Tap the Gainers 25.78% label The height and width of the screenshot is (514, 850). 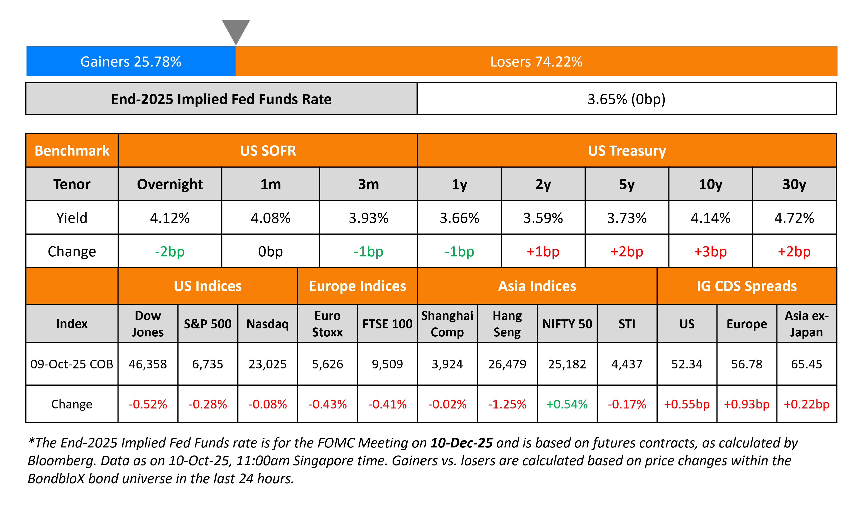coord(131,62)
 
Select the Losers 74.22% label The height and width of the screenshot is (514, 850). coord(536,62)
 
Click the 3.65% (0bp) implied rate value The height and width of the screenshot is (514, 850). coord(626,99)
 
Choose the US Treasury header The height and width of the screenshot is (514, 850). coord(626,151)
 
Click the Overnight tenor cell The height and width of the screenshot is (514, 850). coord(170,184)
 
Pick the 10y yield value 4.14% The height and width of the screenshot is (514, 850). coord(710,218)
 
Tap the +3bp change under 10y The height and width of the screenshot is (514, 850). coord(710,251)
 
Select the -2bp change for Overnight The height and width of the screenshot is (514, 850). coord(170,251)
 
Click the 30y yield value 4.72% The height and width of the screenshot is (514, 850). coord(794,218)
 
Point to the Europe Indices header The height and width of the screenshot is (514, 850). coord(357,286)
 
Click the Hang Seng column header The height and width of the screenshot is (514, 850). coord(507,324)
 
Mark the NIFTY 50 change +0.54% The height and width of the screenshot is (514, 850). coord(567,404)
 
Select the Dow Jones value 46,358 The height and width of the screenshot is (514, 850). coord(148,364)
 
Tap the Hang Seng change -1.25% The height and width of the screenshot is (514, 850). coord(507,404)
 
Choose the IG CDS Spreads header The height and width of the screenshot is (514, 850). coord(746,286)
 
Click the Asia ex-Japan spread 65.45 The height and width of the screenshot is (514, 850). coord(806,364)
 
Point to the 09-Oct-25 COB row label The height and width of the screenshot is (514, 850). coord(72,364)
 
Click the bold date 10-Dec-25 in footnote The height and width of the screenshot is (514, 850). coord(462,443)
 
